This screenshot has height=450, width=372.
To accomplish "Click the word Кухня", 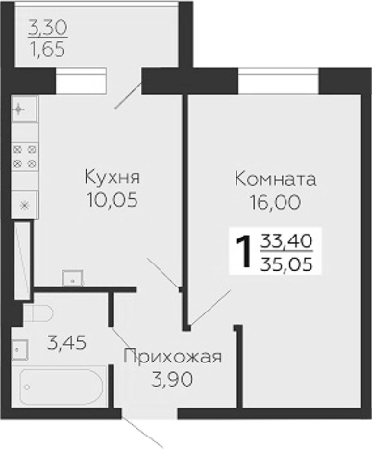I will tap(112, 177).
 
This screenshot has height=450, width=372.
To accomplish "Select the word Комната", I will tap(275, 179).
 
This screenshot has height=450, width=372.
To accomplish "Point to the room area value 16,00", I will tap(275, 202).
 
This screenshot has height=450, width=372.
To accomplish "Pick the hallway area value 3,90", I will tap(173, 381).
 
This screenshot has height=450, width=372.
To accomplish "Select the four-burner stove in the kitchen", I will tap(25, 157).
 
